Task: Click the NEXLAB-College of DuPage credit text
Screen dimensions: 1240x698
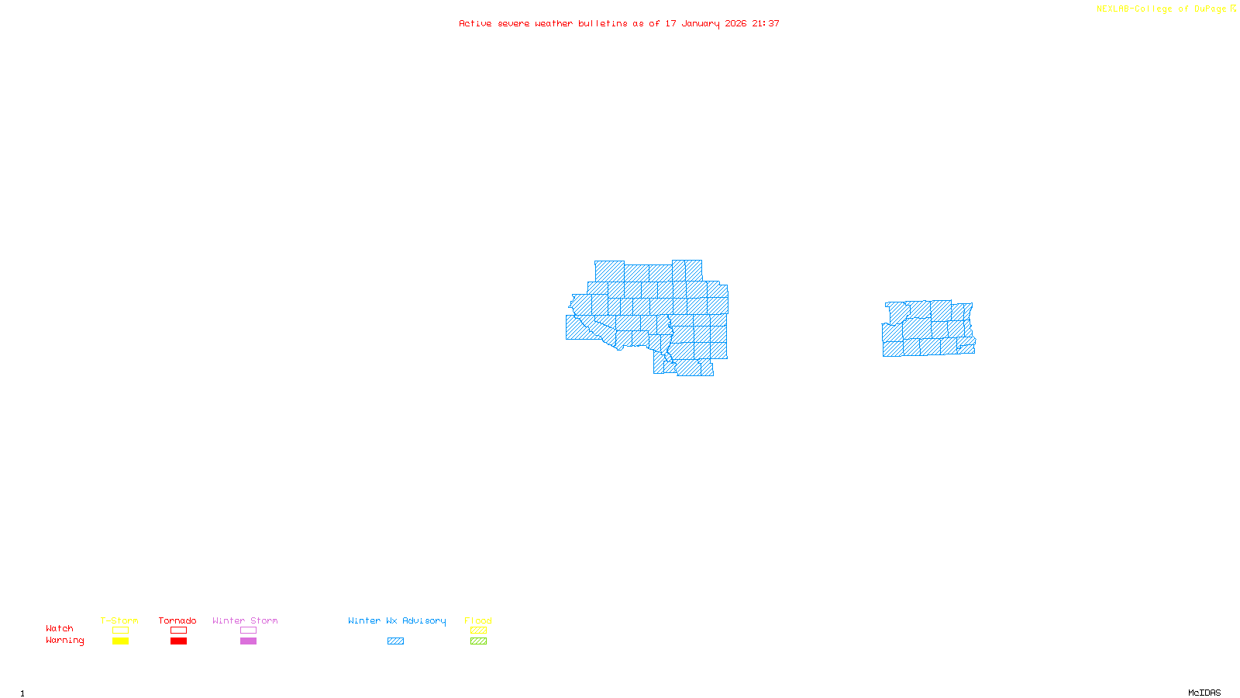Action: (1161, 9)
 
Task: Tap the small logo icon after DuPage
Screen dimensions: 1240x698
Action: (1233, 9)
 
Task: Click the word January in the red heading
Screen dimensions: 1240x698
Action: (701, 24)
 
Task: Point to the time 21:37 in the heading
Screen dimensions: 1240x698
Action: (766, 24)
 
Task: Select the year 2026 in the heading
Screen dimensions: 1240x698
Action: (735, 24)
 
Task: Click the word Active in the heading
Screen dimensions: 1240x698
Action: (475, 24)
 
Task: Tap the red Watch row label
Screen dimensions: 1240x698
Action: (60, 629)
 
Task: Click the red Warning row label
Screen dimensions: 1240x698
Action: (64, 641)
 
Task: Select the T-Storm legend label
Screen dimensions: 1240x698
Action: (119, 620)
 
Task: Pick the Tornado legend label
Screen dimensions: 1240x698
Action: (177, 620)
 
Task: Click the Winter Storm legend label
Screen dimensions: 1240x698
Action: (245, 620)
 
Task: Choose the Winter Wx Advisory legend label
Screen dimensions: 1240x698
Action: (397, 620)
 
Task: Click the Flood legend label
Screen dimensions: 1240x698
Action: (478, 620)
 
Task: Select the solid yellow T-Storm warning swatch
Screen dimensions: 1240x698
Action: (120, 641)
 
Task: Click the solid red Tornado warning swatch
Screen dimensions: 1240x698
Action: (178, 641)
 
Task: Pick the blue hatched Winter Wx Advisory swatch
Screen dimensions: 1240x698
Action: (395, 641)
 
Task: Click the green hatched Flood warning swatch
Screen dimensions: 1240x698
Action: (478, 641)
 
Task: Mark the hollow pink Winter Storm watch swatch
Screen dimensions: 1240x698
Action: (248, 631)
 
